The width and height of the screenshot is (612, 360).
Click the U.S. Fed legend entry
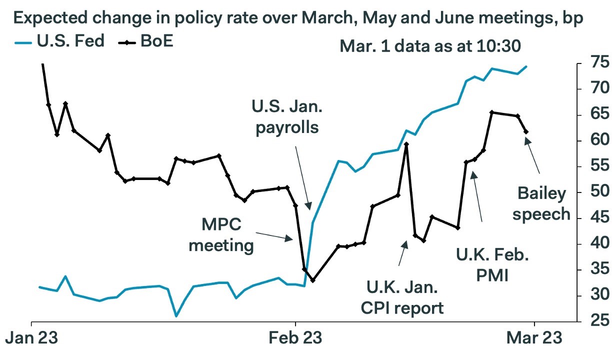[59, 41]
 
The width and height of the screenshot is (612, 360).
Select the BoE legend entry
[145, 41]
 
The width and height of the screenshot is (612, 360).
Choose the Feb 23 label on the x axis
[295, 337]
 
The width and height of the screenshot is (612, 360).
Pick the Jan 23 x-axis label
[31, 337]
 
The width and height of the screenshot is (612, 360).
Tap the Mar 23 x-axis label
[534, 337]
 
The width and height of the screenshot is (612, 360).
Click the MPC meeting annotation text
[221, 235]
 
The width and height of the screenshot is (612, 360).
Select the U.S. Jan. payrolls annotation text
[287, 117]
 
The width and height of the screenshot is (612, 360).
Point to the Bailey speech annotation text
[541, 204]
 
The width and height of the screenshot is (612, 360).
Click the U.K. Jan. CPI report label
[402, 297]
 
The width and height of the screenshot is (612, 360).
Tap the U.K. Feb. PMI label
[492, 265]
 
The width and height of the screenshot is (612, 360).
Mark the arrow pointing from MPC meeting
[274, 236]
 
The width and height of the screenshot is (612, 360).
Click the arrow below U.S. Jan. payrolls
[303, 178]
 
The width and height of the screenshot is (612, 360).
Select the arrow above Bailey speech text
[532, 155]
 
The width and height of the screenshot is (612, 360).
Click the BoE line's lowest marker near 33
[313, 280]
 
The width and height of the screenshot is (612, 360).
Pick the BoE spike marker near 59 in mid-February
[406, 144]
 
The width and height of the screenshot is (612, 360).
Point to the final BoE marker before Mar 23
[526, 132]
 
